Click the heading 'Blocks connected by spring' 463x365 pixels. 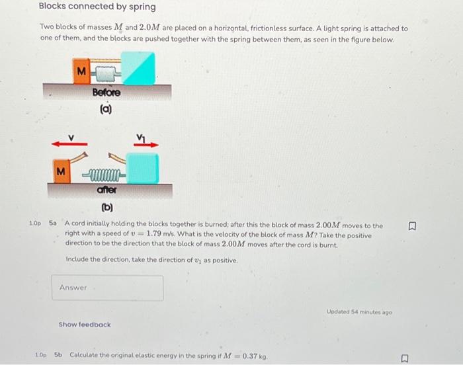coord(97,7)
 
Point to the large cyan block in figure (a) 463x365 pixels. coord(139,69)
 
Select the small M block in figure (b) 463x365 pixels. coord(61,172)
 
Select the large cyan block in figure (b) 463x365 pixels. coord(142,168)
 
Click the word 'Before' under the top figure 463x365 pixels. coord(106,92)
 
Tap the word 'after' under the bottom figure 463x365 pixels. coord(106,190)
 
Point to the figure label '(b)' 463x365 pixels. coord(106,208)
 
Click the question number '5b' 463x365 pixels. coord(58,355)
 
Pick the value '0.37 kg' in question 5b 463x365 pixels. coord(252,356)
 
